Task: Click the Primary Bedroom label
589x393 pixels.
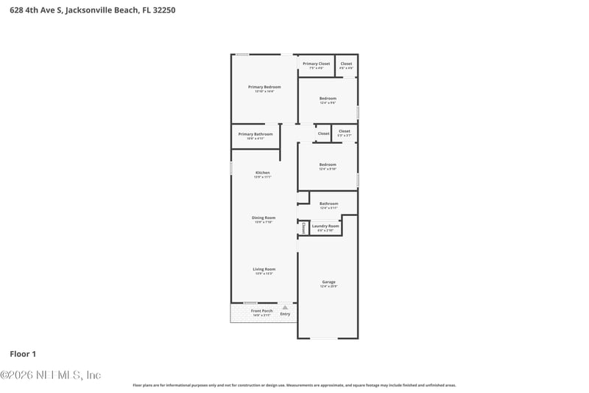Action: (264, 87)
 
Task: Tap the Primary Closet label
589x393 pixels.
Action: (316, 63)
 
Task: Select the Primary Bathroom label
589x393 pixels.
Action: (255, 134)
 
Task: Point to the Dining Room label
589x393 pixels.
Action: (263, 218)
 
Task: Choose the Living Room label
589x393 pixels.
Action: (264, 269)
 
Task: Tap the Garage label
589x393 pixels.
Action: (328, 282)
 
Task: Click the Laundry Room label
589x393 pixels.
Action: (325, 226)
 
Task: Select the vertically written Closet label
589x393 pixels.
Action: (303, 228)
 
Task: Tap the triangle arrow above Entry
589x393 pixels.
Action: (285, 307)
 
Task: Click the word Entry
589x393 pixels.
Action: (285, 314)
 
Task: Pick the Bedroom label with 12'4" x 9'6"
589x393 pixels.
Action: (328, 98)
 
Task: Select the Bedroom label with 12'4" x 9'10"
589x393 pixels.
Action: (328, 164)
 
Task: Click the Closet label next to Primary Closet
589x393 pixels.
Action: (346, 63)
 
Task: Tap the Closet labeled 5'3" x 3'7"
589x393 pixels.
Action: (345, 131)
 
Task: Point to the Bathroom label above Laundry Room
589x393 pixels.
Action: (328, 204)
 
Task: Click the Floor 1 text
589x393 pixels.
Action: (23, 354)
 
